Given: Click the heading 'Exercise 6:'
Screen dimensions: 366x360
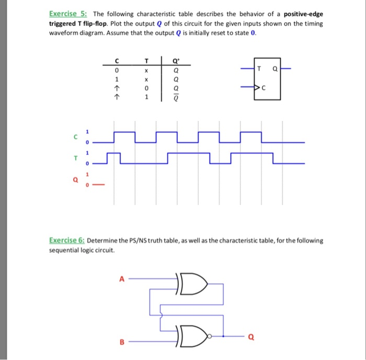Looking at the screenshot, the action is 67,241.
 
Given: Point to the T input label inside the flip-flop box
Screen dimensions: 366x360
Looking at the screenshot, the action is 259,69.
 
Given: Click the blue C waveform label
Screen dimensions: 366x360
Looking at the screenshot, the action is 76,137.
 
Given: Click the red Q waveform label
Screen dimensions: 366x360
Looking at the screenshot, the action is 76,179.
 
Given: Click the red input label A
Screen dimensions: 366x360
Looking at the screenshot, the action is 121,279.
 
